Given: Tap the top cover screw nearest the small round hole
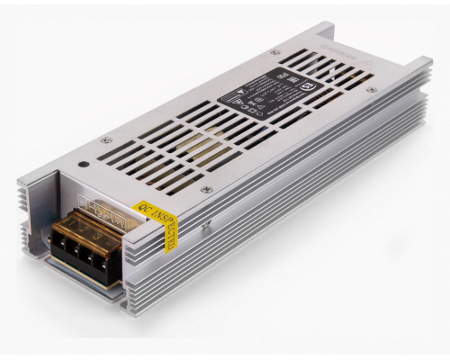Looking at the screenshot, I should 106,139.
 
